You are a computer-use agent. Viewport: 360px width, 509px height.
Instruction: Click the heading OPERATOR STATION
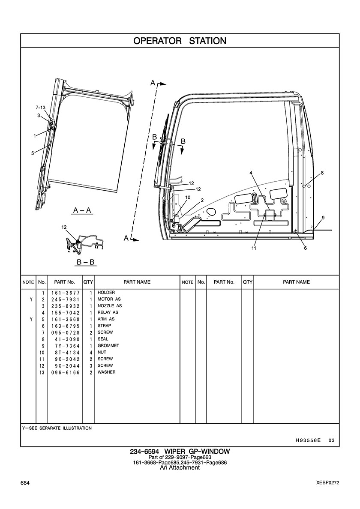click(180, 41)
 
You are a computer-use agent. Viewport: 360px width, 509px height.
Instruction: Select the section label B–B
click(85, 261)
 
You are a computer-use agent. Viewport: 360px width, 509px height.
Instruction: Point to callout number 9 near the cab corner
click(323, 218)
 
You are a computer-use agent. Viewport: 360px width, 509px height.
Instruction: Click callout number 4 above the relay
click(251, 173)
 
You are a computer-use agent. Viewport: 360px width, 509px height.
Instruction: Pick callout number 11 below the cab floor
click(254, 248)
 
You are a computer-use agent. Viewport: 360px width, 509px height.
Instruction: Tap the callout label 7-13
click(41, 108)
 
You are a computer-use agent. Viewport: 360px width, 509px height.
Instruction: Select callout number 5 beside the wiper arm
click(33, 153)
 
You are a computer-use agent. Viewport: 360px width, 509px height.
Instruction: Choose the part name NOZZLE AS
click(110, 306)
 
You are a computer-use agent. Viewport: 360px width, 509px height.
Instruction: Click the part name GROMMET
click(108, 346)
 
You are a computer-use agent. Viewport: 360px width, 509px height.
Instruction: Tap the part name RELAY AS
click(108, 312)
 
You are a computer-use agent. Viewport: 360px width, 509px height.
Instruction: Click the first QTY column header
click(88, 282)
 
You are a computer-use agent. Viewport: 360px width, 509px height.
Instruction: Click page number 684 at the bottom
click(25, 483)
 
